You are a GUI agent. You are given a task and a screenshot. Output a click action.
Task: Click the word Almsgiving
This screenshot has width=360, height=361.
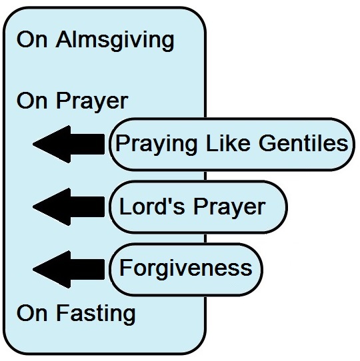pyautogui.click(x=115, y=41)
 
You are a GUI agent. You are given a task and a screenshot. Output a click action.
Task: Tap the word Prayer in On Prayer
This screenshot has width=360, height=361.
pyautogui.click(x=92, y=102)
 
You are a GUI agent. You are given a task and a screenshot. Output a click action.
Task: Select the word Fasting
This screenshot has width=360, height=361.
pyautogui.click(x=95, y=314)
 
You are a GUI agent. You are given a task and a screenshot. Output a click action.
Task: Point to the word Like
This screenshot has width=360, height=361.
pyautogui.click(x=228, y=143)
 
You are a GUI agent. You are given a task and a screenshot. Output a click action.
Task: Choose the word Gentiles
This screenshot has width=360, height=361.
pyautogui.click(x=303, y=143)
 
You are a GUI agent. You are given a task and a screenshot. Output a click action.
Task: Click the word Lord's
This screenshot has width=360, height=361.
pyautogui.click(x=152, y=206)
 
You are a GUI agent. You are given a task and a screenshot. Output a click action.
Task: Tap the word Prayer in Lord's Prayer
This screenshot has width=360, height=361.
pyautogui.click(x=229, y=208)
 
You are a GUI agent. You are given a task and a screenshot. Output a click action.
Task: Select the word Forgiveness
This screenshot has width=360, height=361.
pyautogui.click(x=186, y=268)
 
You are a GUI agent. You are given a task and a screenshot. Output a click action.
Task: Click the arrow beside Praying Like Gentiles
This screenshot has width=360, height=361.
pyautogui.click(x=69, y=144)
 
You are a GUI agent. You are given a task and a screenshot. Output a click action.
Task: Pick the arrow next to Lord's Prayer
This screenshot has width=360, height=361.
pyautogui.click(x=69, y=206)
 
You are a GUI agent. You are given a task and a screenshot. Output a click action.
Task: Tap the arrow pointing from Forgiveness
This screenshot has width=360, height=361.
pyautogui.click(x=69, y=269)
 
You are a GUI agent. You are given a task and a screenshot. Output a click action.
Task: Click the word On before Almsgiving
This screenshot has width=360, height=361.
pyautogui.click(x=32, y=39)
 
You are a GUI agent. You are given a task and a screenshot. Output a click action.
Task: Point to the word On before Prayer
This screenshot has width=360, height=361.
pyautogui.click(x=32, y=101)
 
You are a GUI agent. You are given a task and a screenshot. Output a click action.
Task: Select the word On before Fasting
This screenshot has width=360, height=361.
pyautogui.click(x=32, y=312)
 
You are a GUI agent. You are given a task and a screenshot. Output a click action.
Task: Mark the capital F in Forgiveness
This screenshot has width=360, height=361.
pyautogui.click(x=125, y=268)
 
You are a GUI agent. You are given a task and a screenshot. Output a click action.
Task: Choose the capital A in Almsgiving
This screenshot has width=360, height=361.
pyautogui.click(x=63, y=39)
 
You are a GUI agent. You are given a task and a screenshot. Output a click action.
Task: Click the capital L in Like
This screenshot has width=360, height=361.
pyautogui.click(x=212, y=143)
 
